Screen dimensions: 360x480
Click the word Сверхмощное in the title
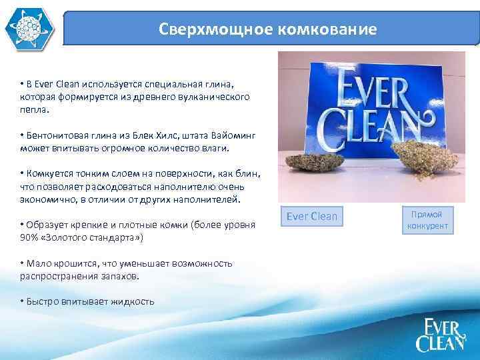198,30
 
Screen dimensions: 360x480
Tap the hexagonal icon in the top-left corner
27,29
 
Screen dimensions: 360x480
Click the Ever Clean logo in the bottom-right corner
440,335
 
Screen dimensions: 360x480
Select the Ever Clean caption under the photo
312,216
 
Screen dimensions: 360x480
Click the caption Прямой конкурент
427,220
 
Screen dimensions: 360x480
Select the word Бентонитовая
55,135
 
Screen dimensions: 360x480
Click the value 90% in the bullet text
29,237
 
